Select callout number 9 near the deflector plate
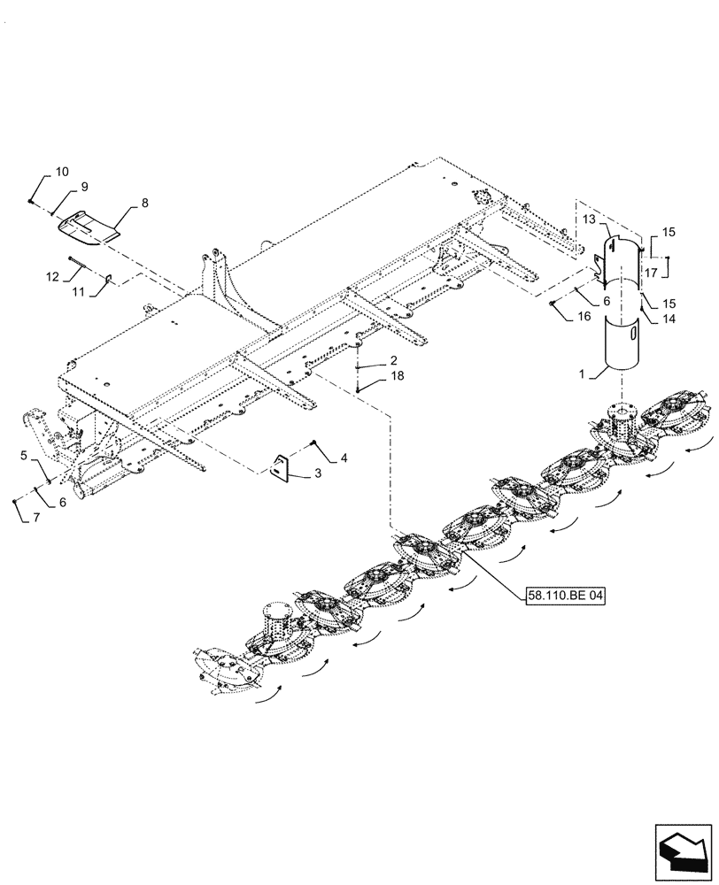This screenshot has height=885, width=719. [x=83, y=187]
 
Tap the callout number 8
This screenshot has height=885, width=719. [x=145, y=204]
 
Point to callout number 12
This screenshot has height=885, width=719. [x=52, y=277]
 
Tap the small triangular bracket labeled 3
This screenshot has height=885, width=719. [x=282, y=468]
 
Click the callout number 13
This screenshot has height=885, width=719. [x=590, y=219]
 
